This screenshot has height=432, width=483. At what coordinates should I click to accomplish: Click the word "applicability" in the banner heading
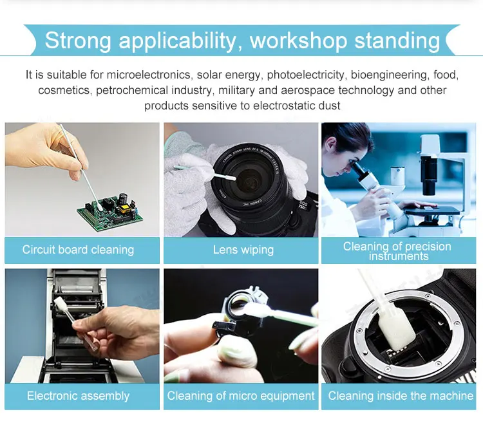coord(178,41)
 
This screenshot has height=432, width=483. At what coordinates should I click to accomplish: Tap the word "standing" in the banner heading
coord(397,41)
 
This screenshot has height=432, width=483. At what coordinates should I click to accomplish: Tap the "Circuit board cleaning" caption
coord(78,250)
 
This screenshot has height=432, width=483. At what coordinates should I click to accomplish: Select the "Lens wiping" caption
coord(243,250)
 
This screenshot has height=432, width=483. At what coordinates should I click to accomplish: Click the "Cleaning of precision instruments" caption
coord(397,251)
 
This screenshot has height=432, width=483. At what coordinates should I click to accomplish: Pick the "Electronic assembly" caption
coord(78,396)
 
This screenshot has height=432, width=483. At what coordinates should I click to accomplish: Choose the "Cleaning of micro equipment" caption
coord(241,396)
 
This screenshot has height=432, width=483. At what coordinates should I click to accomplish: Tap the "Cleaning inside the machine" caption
coord(401,396)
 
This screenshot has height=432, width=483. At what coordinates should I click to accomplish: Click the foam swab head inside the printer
coord(61,305)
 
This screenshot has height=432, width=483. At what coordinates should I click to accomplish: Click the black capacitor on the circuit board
coord(124,198)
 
